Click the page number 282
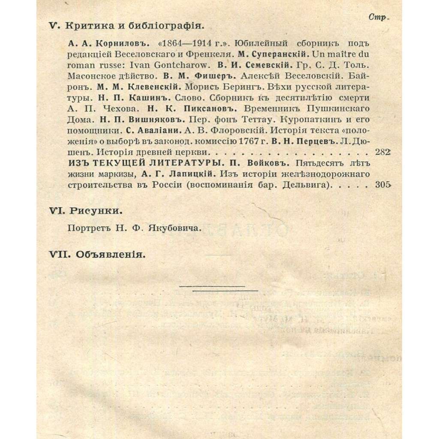click(x=382, y=152)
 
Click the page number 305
click(x=382, y=185)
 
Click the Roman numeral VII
click(x=59, y=254)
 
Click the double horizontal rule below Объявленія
click(x=219, y=289)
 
